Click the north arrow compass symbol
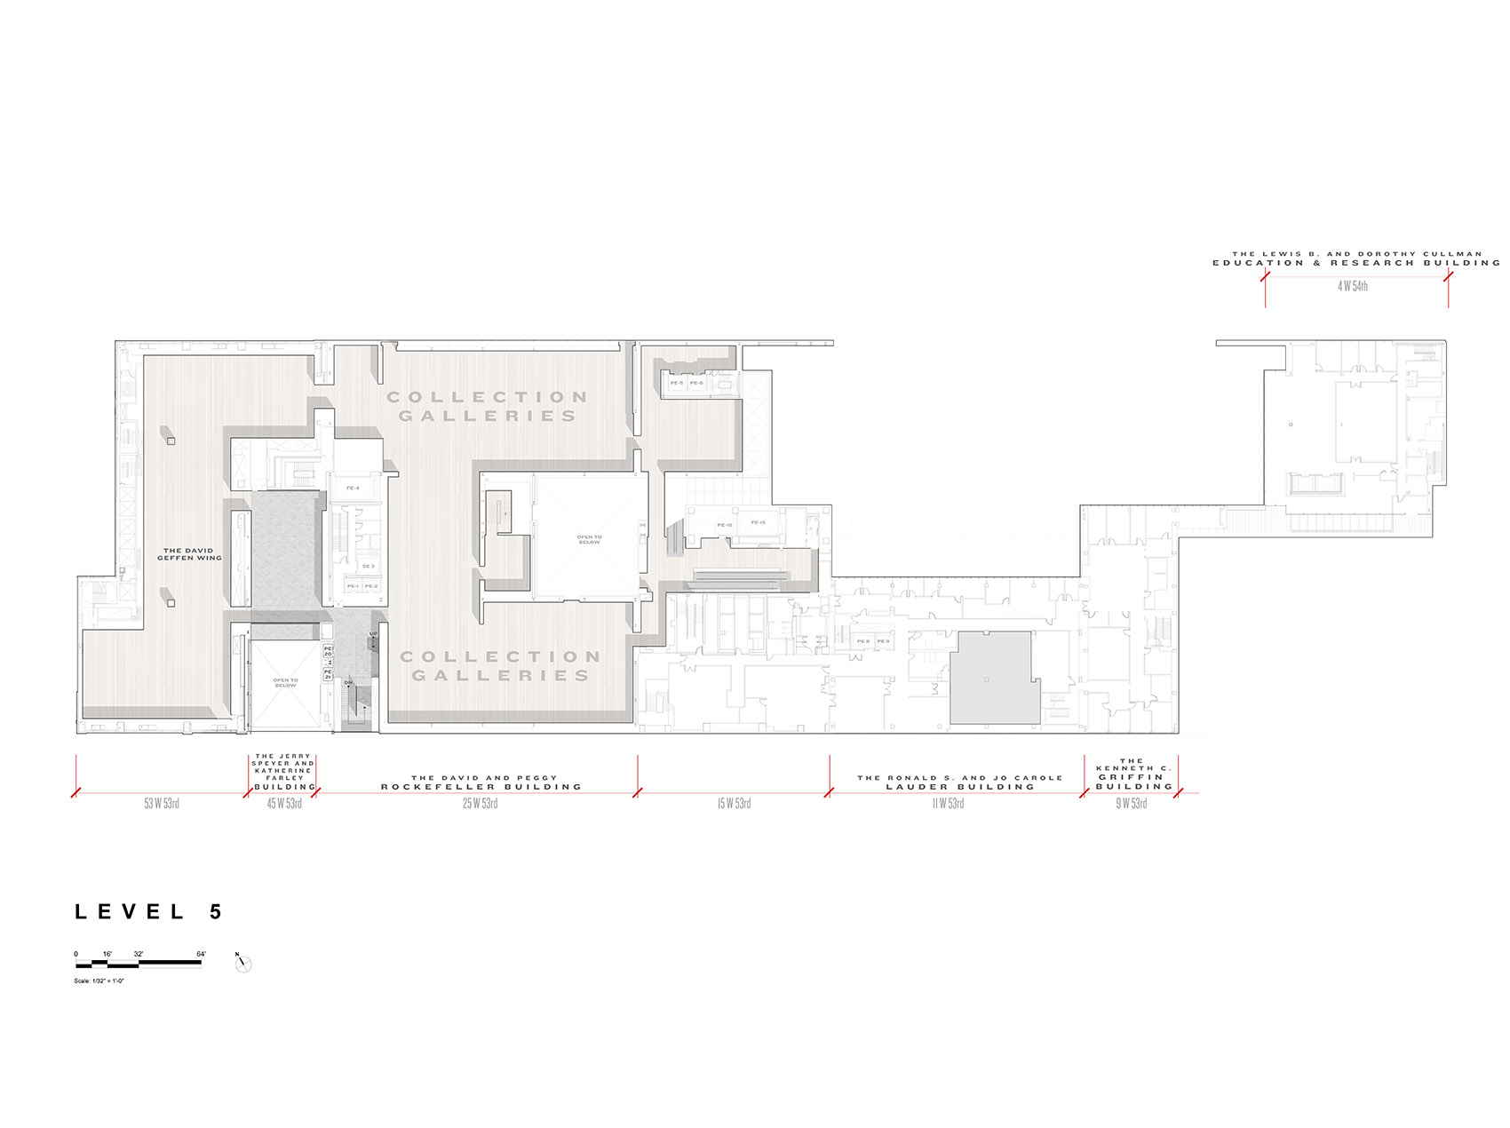(243, 964)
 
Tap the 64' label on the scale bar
(201, 954)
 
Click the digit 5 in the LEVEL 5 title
(215, 912)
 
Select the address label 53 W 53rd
(162, 804)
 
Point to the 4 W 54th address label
(1353, 287)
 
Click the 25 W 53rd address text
(480, 804)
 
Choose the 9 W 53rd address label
(1132, 804)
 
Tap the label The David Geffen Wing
(189, 554)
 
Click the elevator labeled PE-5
(677, 383)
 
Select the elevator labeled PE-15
(758, 522)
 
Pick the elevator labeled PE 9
(883, 640)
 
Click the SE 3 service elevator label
(368, 566)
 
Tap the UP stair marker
(373, 633)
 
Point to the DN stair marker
(348, 682)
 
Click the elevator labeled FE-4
(353, 489)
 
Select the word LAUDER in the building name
(916, 787)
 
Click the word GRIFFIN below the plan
(1131, 777)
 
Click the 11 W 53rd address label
(948, 804)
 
